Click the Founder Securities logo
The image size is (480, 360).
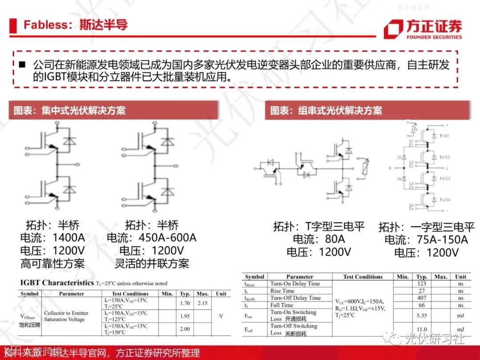point(423,29)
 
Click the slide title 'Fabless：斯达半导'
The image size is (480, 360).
point(76,24)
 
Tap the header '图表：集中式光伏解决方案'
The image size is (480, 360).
point(69,110)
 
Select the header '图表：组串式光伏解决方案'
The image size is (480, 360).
point(326,110)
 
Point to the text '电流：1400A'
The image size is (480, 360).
point(52,237)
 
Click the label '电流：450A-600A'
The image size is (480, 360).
point(152,237)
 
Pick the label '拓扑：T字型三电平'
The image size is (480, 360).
point(319,227)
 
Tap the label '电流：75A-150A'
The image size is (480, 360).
point(426,240)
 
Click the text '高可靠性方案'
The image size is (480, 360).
point(52,264)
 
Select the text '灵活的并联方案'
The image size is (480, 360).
point(152,264)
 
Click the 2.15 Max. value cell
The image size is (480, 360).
point(203,303)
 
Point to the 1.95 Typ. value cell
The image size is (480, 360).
point(185,316)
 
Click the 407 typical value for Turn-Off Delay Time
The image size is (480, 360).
point(422,298)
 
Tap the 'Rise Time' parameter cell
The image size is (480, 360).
point(282,291)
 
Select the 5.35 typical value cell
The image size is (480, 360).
point(422,316)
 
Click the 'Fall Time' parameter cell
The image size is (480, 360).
point(282,305)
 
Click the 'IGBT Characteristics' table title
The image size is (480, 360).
point(57,283)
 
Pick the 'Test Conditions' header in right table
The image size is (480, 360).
point(363,276)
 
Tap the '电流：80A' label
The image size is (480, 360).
point(319,240)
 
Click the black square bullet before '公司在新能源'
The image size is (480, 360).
point(22,65)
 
